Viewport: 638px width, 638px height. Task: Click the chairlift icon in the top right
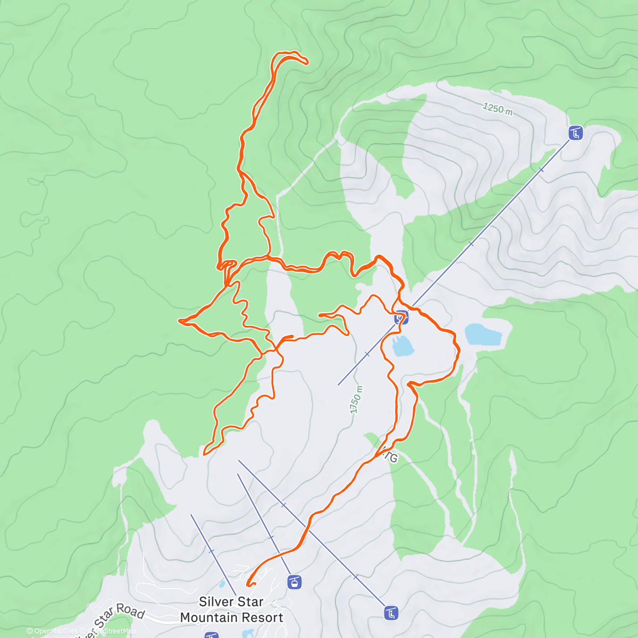pyautogui.click(x=575, y=133)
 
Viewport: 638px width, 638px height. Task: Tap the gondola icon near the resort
pyautogui.click(x=294, y=582)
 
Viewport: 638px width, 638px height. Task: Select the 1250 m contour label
pyautogui.click(x=498, y=109)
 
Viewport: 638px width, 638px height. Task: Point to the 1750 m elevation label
pyautogui.click(x=356, y=400)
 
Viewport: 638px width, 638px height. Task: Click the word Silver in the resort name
pyautogui.click(x=216, y=602)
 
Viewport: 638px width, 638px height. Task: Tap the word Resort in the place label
pyautogui.click(x=263, y=618)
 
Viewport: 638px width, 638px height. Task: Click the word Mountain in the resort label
pyautogui.click(x=209, y=618)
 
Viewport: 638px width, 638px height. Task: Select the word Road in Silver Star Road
pyautogui.click(x=130, y=611)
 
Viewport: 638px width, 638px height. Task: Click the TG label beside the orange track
pyautogui.click(x=391, y=457)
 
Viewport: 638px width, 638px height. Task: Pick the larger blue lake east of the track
pyautogui.click(x=483, y=335)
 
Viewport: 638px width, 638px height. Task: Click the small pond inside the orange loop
pyautogui.click(x=402, y=346)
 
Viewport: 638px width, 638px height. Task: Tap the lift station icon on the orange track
pyautogui.click(x=401, y=318)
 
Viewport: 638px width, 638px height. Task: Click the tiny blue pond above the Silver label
pyautogui.click(x=222, y=584)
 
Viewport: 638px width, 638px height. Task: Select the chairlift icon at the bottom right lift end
pyautogui.click(x=391, y=613)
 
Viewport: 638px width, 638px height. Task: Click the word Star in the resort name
pyautogui.click(x=249, y=602)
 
